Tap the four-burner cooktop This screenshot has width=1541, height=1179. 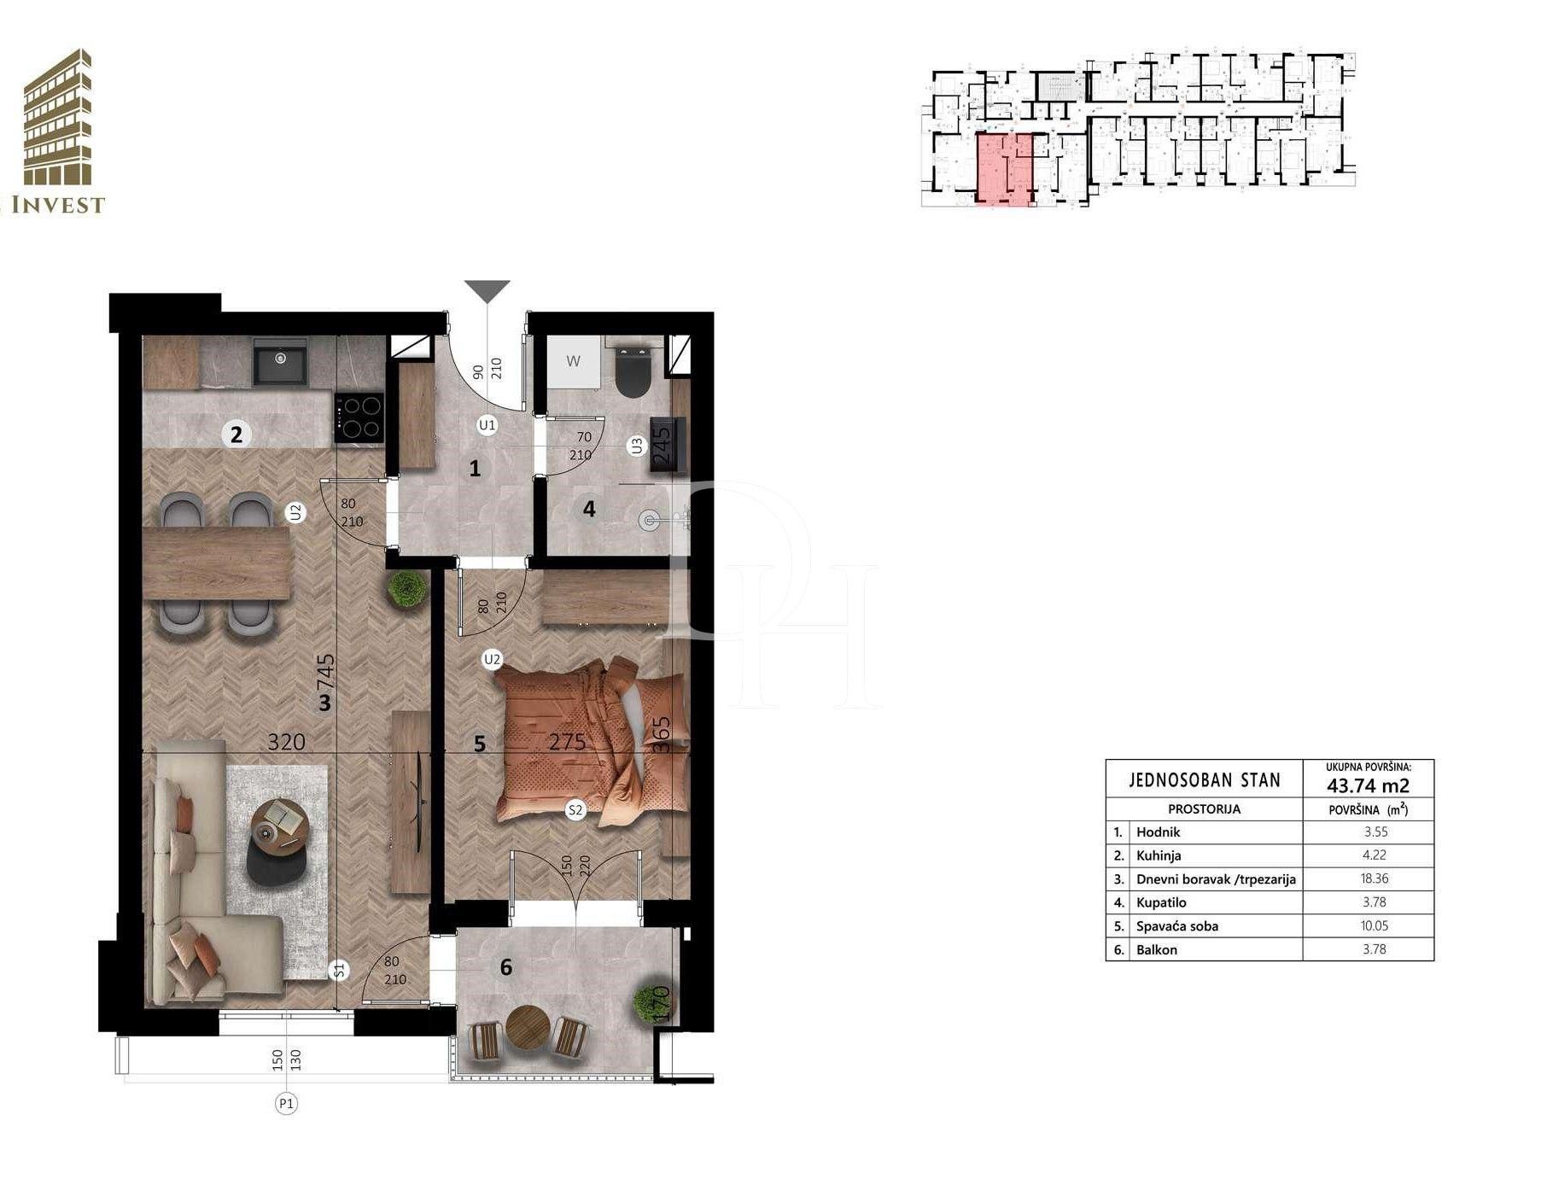pyautogui.click(x=359, y=417)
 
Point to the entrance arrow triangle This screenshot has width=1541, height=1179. pyautogui.click(x=487, y=291)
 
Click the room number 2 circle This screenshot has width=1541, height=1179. pyautogui.click(x=236, y=435)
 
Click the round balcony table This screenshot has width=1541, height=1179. pyautogui.click(x=525, y=1025)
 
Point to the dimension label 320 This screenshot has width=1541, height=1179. pyautogui.click(x=286, y=742)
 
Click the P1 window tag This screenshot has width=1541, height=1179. pyautogui.click(x=287, y=1104)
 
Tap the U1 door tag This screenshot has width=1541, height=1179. pyautogui.click(x=487, y=424)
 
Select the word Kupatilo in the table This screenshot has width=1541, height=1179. pyautogui.click(x=1161, y=902)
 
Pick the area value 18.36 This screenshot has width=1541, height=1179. pyautogui.click(x=1375, y=878)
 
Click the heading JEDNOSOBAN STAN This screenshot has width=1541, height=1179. pyautogui.click(x=1205, y=779)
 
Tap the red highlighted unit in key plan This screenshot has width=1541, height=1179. pyautogui.click(x=1004, y=169)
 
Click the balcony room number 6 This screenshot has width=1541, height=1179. pyautogui.click(x=506, y=967)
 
